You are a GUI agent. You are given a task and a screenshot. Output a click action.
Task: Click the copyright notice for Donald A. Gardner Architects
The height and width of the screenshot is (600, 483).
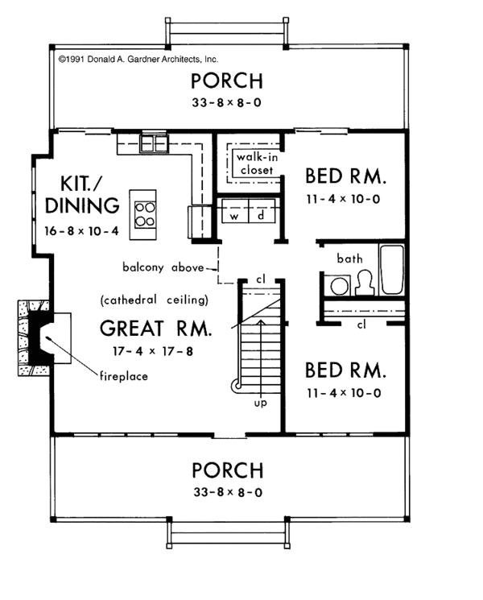click(138, 59)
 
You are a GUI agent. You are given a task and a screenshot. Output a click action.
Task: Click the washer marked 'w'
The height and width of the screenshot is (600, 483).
click(236, 216)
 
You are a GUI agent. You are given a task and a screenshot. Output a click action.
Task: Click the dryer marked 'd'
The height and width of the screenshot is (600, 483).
click(262, 216)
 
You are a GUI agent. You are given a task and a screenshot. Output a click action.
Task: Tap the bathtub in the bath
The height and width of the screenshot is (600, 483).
click(393, 270)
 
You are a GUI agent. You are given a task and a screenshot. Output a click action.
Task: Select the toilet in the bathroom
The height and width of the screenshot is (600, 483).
click(362, 283)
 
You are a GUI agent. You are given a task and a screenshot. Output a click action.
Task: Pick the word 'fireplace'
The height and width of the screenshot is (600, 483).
click(126, 375)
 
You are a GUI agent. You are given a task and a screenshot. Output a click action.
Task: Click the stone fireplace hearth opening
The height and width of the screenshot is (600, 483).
click(47, 339)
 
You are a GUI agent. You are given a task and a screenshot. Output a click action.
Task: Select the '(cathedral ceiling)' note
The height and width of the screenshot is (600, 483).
click(155, 300)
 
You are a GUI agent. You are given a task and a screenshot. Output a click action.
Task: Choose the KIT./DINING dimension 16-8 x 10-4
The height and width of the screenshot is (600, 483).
click(82, 230)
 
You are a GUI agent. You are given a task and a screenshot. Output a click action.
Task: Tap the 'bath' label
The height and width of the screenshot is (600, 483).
click(350, 259)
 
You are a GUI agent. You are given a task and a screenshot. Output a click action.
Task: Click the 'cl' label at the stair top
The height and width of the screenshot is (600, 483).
click(261, 278)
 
